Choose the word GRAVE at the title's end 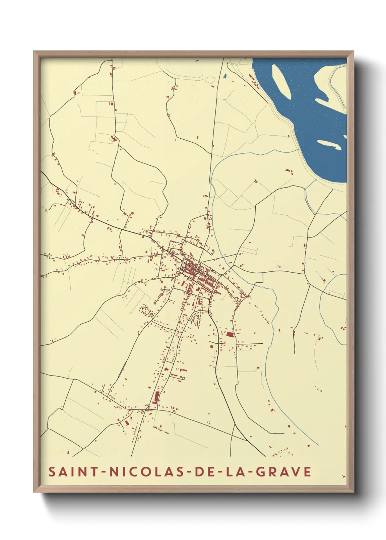[283, 472]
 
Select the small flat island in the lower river [329, 144]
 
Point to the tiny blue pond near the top [225, 77]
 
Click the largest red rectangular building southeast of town [230, 334]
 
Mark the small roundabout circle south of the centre [190, 335]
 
